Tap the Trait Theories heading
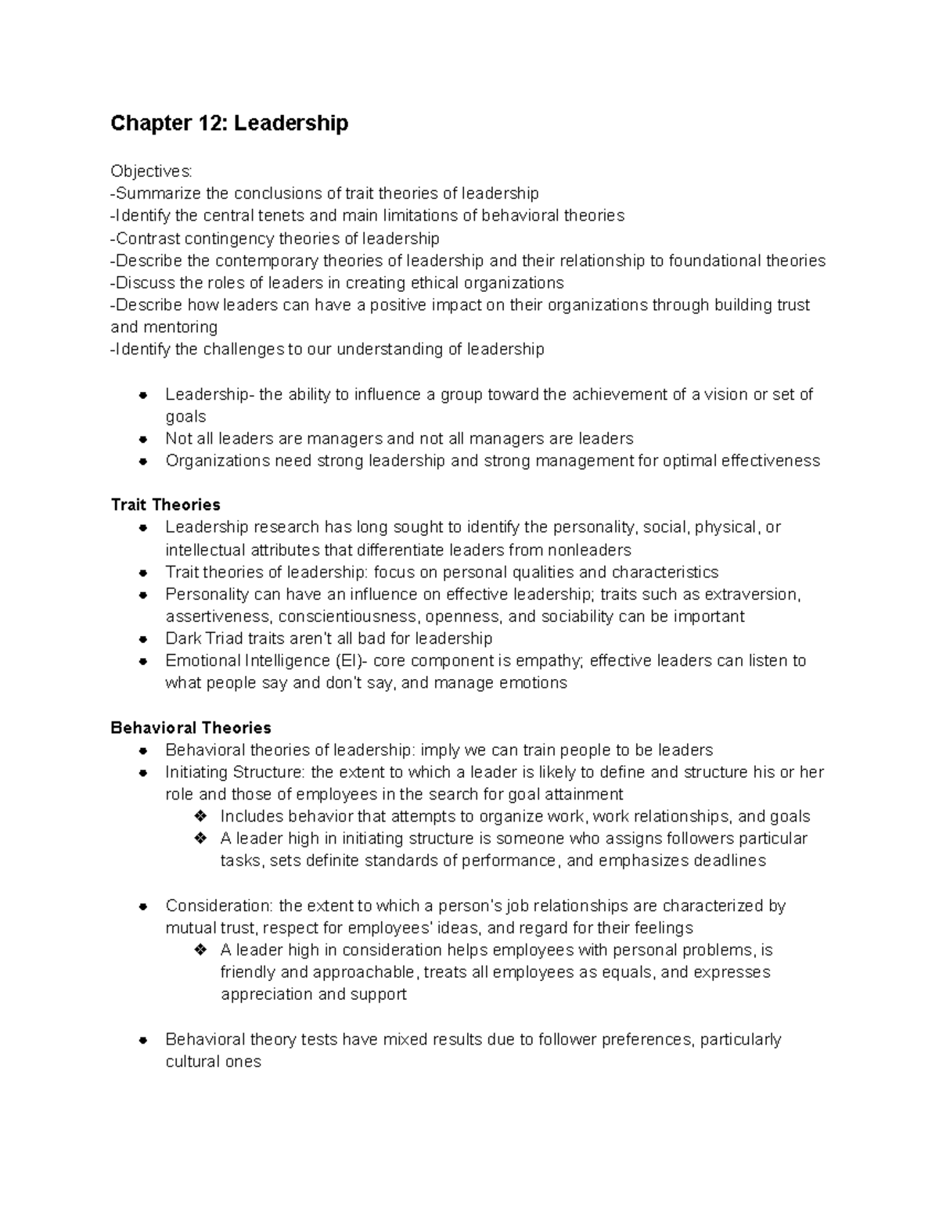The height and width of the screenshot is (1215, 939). point(165,505)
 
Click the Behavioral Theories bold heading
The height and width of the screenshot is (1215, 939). point(191,728)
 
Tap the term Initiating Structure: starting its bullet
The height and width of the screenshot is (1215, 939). point(236,772)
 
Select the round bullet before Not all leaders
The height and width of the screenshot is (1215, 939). point(143,438)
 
